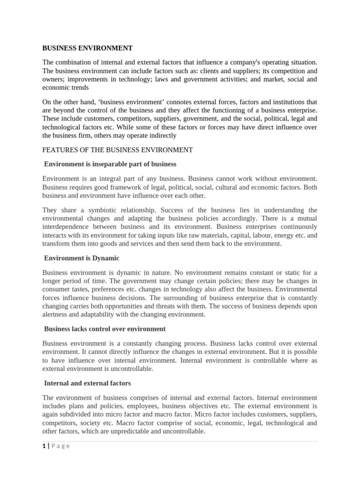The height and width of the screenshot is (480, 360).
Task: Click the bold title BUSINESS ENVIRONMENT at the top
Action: (x=88, y=48)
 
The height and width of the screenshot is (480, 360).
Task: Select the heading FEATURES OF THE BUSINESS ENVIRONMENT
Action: (x=117, y=150)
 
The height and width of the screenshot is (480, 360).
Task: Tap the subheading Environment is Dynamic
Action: (x=82, y=258)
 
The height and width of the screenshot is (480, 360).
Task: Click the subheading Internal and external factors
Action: (x=87, y=383)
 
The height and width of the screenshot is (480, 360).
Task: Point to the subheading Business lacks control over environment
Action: (x=105, y=329)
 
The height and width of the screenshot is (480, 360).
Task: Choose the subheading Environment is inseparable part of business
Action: (x=110, y=164)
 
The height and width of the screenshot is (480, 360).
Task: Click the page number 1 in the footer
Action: (x=44, y=446)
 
